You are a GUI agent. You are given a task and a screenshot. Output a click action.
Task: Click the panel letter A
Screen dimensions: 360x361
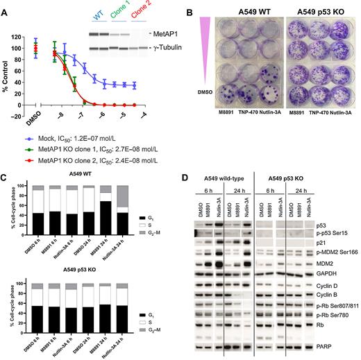6,7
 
